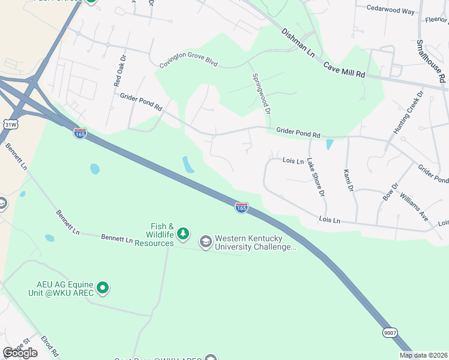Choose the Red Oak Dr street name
coord(119,72)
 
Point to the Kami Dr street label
coord(347,181)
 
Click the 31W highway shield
coord(10,125)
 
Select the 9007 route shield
coord(389,332)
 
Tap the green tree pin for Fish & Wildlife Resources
coord(183,233)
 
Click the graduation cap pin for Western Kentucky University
coord(206,241)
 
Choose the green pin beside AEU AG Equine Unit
coord(102,288)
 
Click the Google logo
coord(20,353)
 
